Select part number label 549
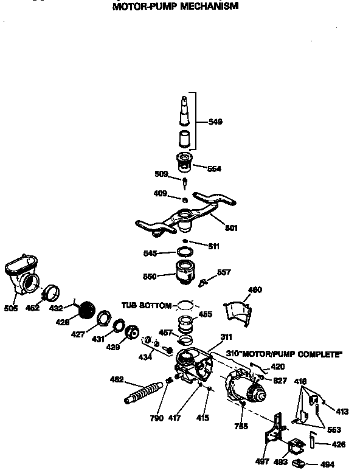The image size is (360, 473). coord(215,122)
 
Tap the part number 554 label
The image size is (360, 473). coord(215,168)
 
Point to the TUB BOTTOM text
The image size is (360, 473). coord(147,304)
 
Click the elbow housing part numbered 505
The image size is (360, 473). coord(23,277)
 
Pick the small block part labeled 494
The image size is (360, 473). coord(299,464)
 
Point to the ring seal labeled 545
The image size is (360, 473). coord(186,252)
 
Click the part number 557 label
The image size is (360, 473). coord(224,272)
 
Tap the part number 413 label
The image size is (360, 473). coord(342,412)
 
